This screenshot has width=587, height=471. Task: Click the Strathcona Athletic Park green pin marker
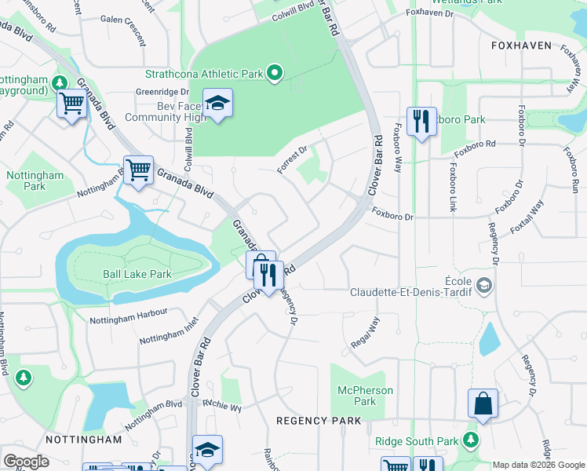point(274,74)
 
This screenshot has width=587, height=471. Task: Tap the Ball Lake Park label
point(137,275)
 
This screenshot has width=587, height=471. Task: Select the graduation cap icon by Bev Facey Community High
point(217,104)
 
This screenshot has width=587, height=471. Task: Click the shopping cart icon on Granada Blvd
point(139,170)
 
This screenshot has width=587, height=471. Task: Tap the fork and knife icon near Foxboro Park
point(421,121)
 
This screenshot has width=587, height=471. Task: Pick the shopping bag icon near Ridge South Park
point(483,404)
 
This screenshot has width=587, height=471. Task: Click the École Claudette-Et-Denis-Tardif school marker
point(484,284)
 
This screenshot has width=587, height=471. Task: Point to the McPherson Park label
point(364,396)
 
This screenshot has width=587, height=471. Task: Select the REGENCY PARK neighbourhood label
point(319,421)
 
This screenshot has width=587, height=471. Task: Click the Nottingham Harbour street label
point(128,316)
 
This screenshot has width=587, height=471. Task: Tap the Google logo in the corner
point(26,462)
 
